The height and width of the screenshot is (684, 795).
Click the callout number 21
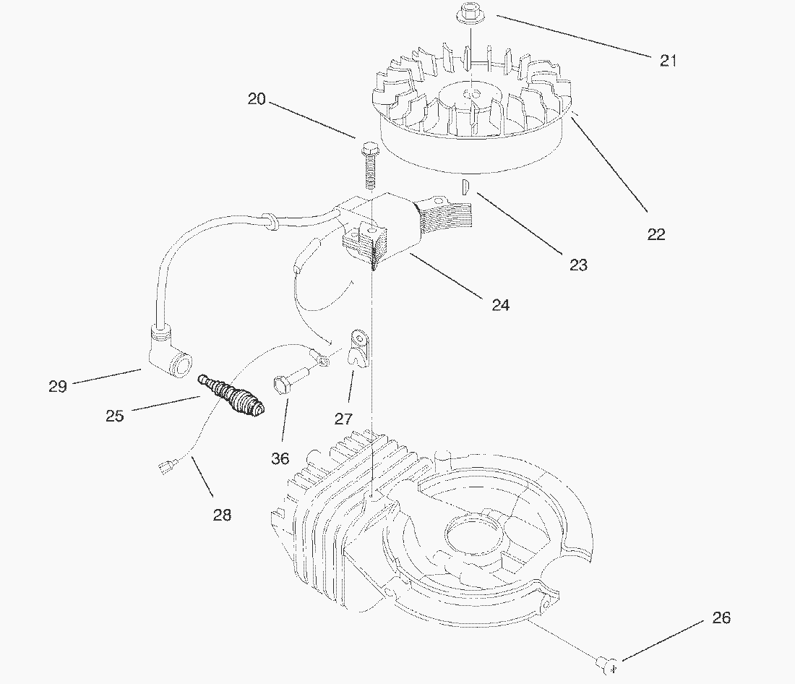point(669,61)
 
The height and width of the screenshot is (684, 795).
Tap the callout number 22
point(656,234)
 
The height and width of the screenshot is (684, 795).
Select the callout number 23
point(578,265)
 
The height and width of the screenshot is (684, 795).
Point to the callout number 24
point(501,305)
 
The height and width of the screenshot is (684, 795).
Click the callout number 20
point(257,99)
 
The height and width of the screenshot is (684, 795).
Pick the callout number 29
point(58,386)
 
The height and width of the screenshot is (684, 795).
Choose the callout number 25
point(114,416)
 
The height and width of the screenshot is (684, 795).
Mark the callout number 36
point(280,458)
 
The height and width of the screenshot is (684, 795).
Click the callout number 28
point(222,515)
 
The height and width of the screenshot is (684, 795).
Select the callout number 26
point(721,617)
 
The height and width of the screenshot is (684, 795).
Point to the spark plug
point(233,396)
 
